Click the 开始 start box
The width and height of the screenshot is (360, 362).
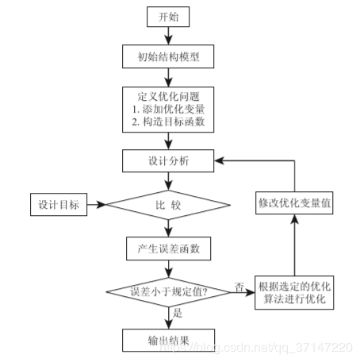(x=168, y=17)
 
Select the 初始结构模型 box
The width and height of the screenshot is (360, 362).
(x=168, y=56)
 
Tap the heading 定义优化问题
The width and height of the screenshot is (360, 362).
(x=168, y=96)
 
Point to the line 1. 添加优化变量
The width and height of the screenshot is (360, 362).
(x=168, y=109)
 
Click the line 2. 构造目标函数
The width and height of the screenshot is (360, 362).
(x=168, y=121)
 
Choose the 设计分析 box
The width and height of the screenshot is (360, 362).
(x=168, y=160)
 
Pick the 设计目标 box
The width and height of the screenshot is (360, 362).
(x=59, y=205)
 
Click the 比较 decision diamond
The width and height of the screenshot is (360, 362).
(x=168, y=205)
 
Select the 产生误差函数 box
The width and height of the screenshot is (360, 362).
(x=168, y=248)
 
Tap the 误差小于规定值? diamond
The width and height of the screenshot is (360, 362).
(x=168, y=292)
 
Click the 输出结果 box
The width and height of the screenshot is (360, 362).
(x=168, y=341)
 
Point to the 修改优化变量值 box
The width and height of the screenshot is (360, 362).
(x=294, y=203)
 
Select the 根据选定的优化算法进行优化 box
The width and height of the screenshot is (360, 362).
(x=294, y=292)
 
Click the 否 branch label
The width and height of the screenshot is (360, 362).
(x=239, y=287)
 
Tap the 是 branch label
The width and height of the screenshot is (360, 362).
(x=178, y=313)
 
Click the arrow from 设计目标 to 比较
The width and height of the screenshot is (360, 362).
(x=97, y=205)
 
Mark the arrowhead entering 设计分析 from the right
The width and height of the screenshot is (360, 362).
(x=219, y=160)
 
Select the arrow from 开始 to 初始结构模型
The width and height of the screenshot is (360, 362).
(x=168, y=36)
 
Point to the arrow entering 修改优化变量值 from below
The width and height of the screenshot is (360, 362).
(x=294, y=245)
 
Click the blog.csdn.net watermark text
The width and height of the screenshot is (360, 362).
(x=256, y=347)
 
